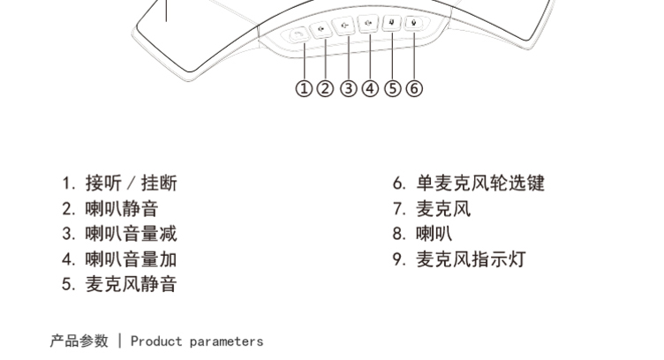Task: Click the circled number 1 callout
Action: (x=304, y=88)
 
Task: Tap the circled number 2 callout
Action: (x=326, y=88)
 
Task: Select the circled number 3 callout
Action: (x=349, y=88)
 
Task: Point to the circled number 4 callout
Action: (x=370, y=88)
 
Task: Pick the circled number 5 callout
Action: (x=393, y=88)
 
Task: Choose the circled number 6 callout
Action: (x=414, y=88)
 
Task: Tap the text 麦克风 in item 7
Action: (x=444, y=209)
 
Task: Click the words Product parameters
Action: (x=197, y=341)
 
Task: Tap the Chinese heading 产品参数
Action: (x=79, y=341)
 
